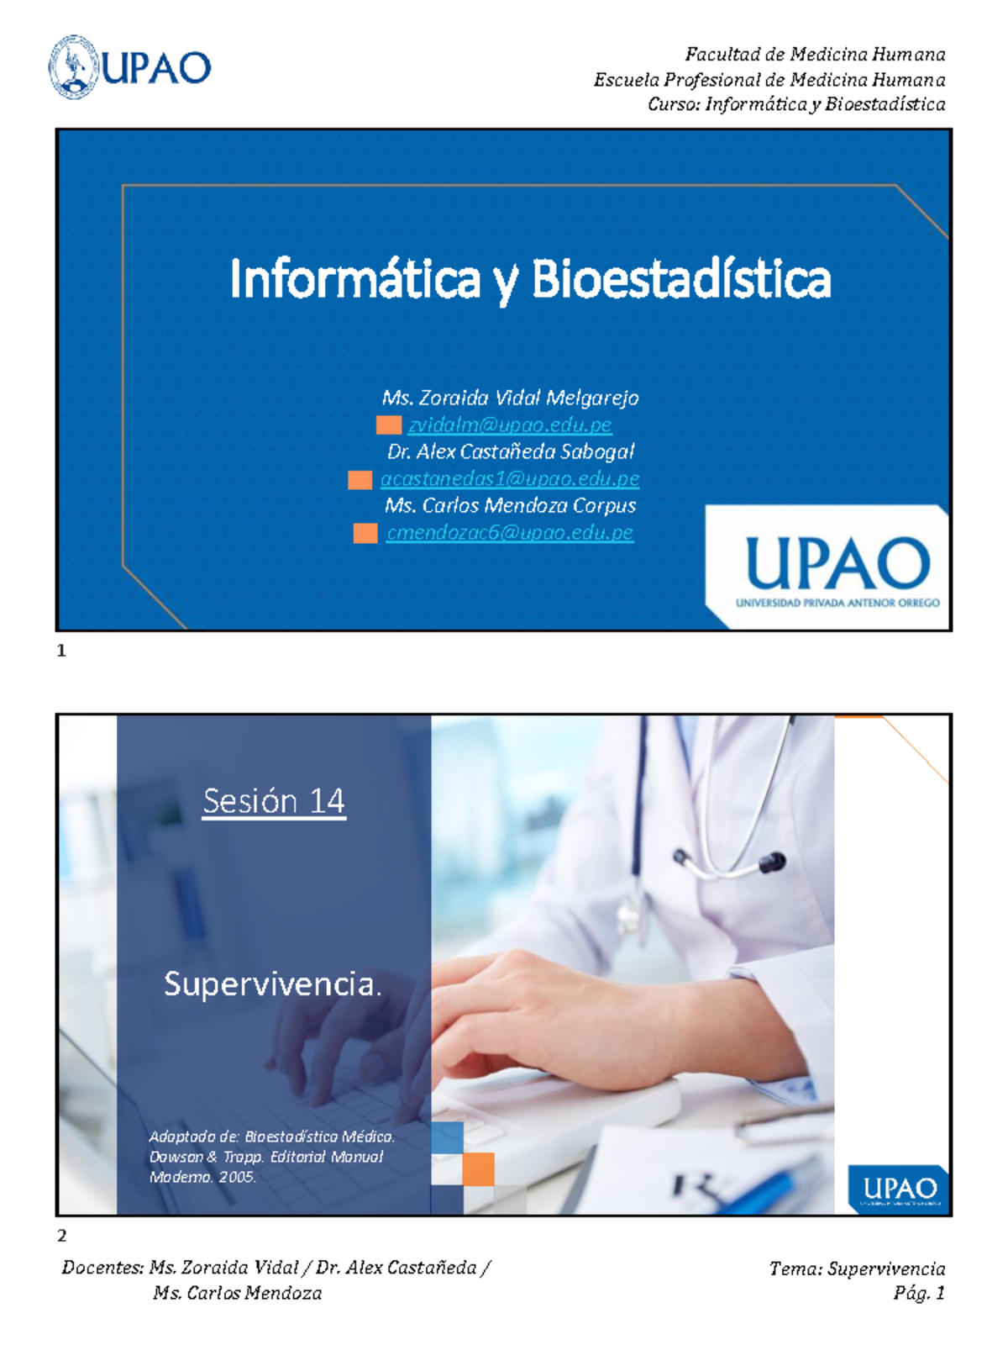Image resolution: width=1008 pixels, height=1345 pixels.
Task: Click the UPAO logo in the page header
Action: pos(130,67)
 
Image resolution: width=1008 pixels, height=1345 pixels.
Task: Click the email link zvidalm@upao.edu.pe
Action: pos(509,425)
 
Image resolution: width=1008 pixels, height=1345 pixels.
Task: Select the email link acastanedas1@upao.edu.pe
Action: pos(509,479)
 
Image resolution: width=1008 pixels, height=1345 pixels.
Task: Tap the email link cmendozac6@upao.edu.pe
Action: pos(509,533)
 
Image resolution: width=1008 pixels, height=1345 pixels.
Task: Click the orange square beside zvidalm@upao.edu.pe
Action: pos(388,425)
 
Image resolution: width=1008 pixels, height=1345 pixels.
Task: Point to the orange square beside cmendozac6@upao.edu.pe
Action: pos(365,533)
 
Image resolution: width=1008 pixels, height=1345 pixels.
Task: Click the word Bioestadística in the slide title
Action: pos(680,280)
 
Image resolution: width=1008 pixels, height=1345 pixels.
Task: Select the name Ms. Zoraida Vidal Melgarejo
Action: pos(510,398)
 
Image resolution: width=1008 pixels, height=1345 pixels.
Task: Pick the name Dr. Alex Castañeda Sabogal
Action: pos(510,452)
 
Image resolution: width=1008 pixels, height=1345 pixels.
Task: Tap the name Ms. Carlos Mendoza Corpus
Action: pos(510,506)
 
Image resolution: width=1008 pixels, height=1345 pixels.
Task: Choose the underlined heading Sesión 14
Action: pos(274,801)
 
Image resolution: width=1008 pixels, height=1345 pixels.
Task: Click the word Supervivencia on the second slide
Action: pos(269,984)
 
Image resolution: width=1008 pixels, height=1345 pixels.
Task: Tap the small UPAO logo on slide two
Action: pos(899,1189)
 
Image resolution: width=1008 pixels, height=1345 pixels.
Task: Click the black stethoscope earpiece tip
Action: pos(774,861)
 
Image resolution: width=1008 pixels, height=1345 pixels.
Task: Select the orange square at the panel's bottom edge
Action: pos(478,1169)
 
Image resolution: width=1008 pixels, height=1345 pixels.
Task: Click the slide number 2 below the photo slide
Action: pos(61,1236)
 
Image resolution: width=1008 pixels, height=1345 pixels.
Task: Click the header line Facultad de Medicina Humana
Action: pos(815,55)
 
